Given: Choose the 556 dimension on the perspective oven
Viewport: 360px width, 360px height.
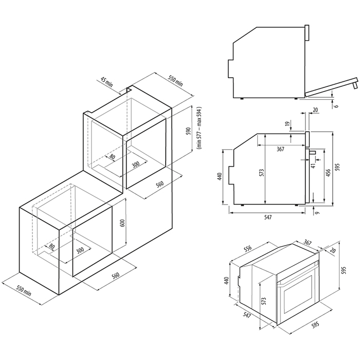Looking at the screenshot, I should (x=247, y=248).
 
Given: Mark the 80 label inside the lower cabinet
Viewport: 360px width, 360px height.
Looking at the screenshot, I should (x=52, y=246).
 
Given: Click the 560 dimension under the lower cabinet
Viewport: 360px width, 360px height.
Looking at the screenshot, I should (x=116, y=276).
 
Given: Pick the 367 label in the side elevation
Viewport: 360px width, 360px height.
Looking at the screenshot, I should (x=281, y=149).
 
